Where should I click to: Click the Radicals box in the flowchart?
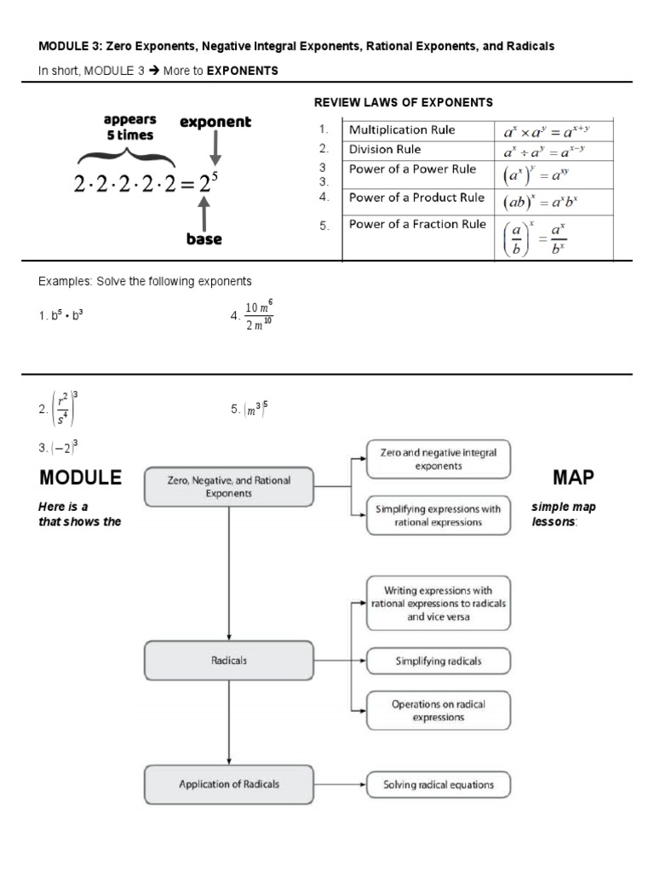(x=228, y=661)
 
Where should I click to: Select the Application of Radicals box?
(x=228, y=784)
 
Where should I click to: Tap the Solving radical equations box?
(x=439, y=785)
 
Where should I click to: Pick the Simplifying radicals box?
(x=439, y=661)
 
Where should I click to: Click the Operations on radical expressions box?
(x=439, y=711)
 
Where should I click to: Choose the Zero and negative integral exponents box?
(x=439, y=460)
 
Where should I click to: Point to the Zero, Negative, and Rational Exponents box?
(x=228, y=487)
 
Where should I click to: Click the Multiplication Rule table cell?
(x=417, y=130)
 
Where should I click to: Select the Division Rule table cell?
(x=417, y=150)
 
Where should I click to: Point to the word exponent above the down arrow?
(x=215, y=123)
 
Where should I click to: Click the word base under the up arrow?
(x=204, y=239)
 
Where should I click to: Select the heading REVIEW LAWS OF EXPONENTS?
(x=404, y=102)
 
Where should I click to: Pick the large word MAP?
(x=573, y=477)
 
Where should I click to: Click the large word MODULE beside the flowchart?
(x=80, y=477)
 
